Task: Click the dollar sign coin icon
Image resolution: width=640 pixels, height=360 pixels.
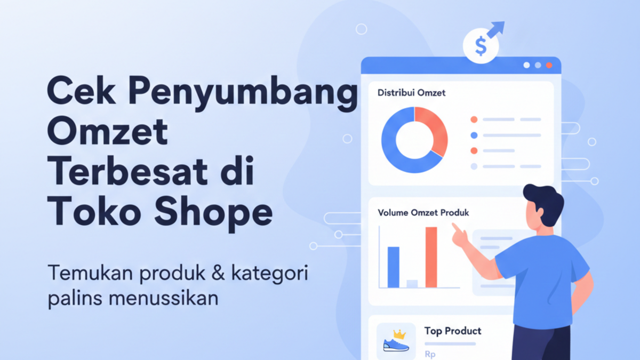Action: pos(481,47)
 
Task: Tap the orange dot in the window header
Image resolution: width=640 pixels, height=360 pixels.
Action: pos(549,65)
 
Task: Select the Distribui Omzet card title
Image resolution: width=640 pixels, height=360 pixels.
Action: pos(411,93)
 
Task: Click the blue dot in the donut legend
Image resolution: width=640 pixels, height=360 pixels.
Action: pos(474,135)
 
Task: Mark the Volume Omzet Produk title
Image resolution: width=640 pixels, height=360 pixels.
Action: pos(423,212)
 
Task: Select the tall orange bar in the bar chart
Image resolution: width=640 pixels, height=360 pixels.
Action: pos(431,257)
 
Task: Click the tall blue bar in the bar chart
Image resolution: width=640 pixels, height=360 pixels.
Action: pos(393,267)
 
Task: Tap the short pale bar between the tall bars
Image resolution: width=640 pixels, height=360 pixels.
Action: pos(412,284)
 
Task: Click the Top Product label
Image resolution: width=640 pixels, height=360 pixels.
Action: pos(452,331)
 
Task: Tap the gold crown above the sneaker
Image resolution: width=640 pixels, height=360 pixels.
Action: pos(399,334)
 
